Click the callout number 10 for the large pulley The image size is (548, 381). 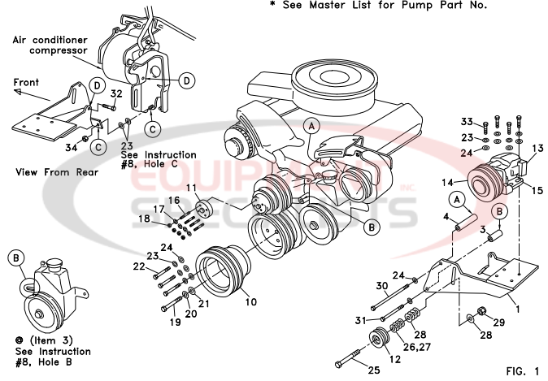[x=251, y=301]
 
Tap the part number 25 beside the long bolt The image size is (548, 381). [x=375, y=371]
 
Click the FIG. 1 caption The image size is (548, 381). [x=521, y=371]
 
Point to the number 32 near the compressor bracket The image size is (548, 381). [x=115, y=94]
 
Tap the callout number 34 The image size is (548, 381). [x=71, y=147]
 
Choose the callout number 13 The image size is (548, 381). [x=537, y=149]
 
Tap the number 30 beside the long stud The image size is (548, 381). [x=382, y=285]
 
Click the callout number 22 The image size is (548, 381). [x=140, y=266]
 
